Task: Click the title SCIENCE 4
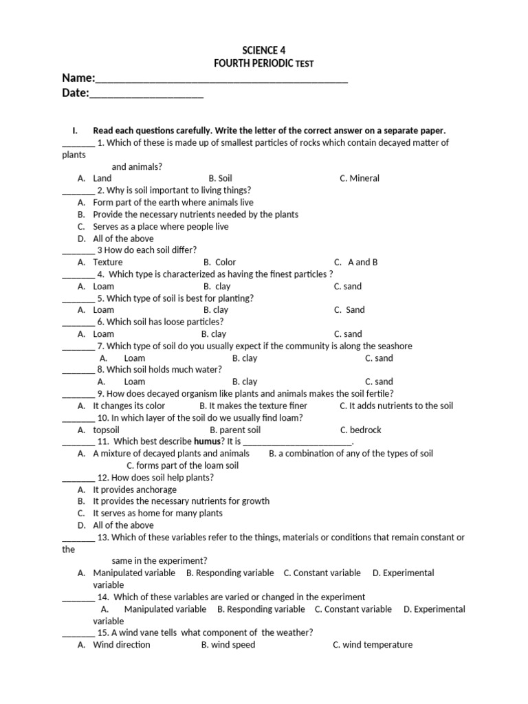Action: pyautogui.click(x=264, y=50)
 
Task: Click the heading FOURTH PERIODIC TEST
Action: pyautogui.click(x=264, y=63)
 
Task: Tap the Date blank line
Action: pyautogui.click(x=146, y=94)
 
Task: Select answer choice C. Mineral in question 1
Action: pyautogui.click(x=359, y=178)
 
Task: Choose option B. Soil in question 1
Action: pyautogui.click(x=220, y=178)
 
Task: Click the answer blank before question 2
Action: pyautogui.click(x=78, y=190)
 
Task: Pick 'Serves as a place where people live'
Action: pyautogui.click(x=161, y=226)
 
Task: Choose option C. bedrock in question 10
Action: pyautogui.click(x=360, y=430)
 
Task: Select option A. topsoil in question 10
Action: pyautogui.click(x=106, y=430)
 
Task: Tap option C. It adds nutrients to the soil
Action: pyautogui.click(x=397, y=406)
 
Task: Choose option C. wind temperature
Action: pyautogui.click(x=373, y=645)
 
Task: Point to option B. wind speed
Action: pyautogui.click(x=228, y=645)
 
